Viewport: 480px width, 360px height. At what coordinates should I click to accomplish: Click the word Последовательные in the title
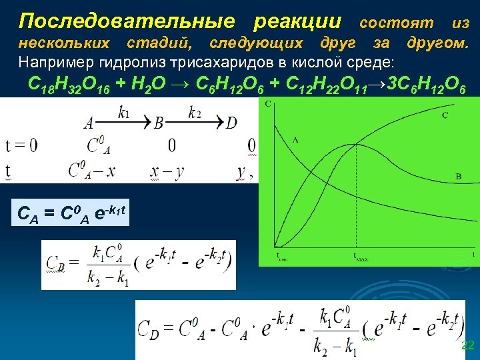tap(127, 21)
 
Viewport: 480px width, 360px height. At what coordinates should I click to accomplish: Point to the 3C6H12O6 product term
tap(423, 85)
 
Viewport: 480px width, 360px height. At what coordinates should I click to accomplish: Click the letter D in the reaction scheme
tap(231, 123)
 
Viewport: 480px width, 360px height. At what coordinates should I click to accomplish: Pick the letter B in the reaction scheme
tap(159, 123)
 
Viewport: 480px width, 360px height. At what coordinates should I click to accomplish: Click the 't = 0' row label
tap(21, 145)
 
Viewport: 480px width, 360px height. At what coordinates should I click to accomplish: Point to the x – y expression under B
tap(167, 171)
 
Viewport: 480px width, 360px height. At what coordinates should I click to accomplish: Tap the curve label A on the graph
tap(295, 140)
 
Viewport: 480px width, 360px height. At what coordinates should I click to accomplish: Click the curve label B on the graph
tap(458, 176)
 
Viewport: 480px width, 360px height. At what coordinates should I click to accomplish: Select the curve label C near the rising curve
tap(445, 116)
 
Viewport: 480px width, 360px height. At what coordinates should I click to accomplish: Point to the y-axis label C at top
tap(268, 104)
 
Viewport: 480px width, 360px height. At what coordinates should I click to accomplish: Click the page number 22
tap(467, 345)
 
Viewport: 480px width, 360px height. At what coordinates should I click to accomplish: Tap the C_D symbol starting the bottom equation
tap(148, 328)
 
